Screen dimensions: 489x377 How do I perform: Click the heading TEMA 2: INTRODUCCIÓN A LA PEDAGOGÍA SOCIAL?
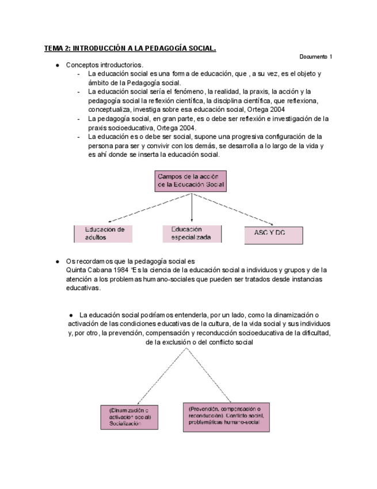[130, 48]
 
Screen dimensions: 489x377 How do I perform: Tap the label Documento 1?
[316, 57]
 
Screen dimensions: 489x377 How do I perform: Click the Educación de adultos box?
[104, 234]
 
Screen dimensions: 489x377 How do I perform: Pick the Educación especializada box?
[192, 234]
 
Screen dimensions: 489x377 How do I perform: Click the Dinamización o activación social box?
[130, 416]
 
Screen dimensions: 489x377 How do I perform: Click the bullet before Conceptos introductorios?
[58, 65]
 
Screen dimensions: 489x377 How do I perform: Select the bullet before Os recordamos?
[58, 261]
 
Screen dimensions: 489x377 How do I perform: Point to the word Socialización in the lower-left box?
[125, 424]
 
